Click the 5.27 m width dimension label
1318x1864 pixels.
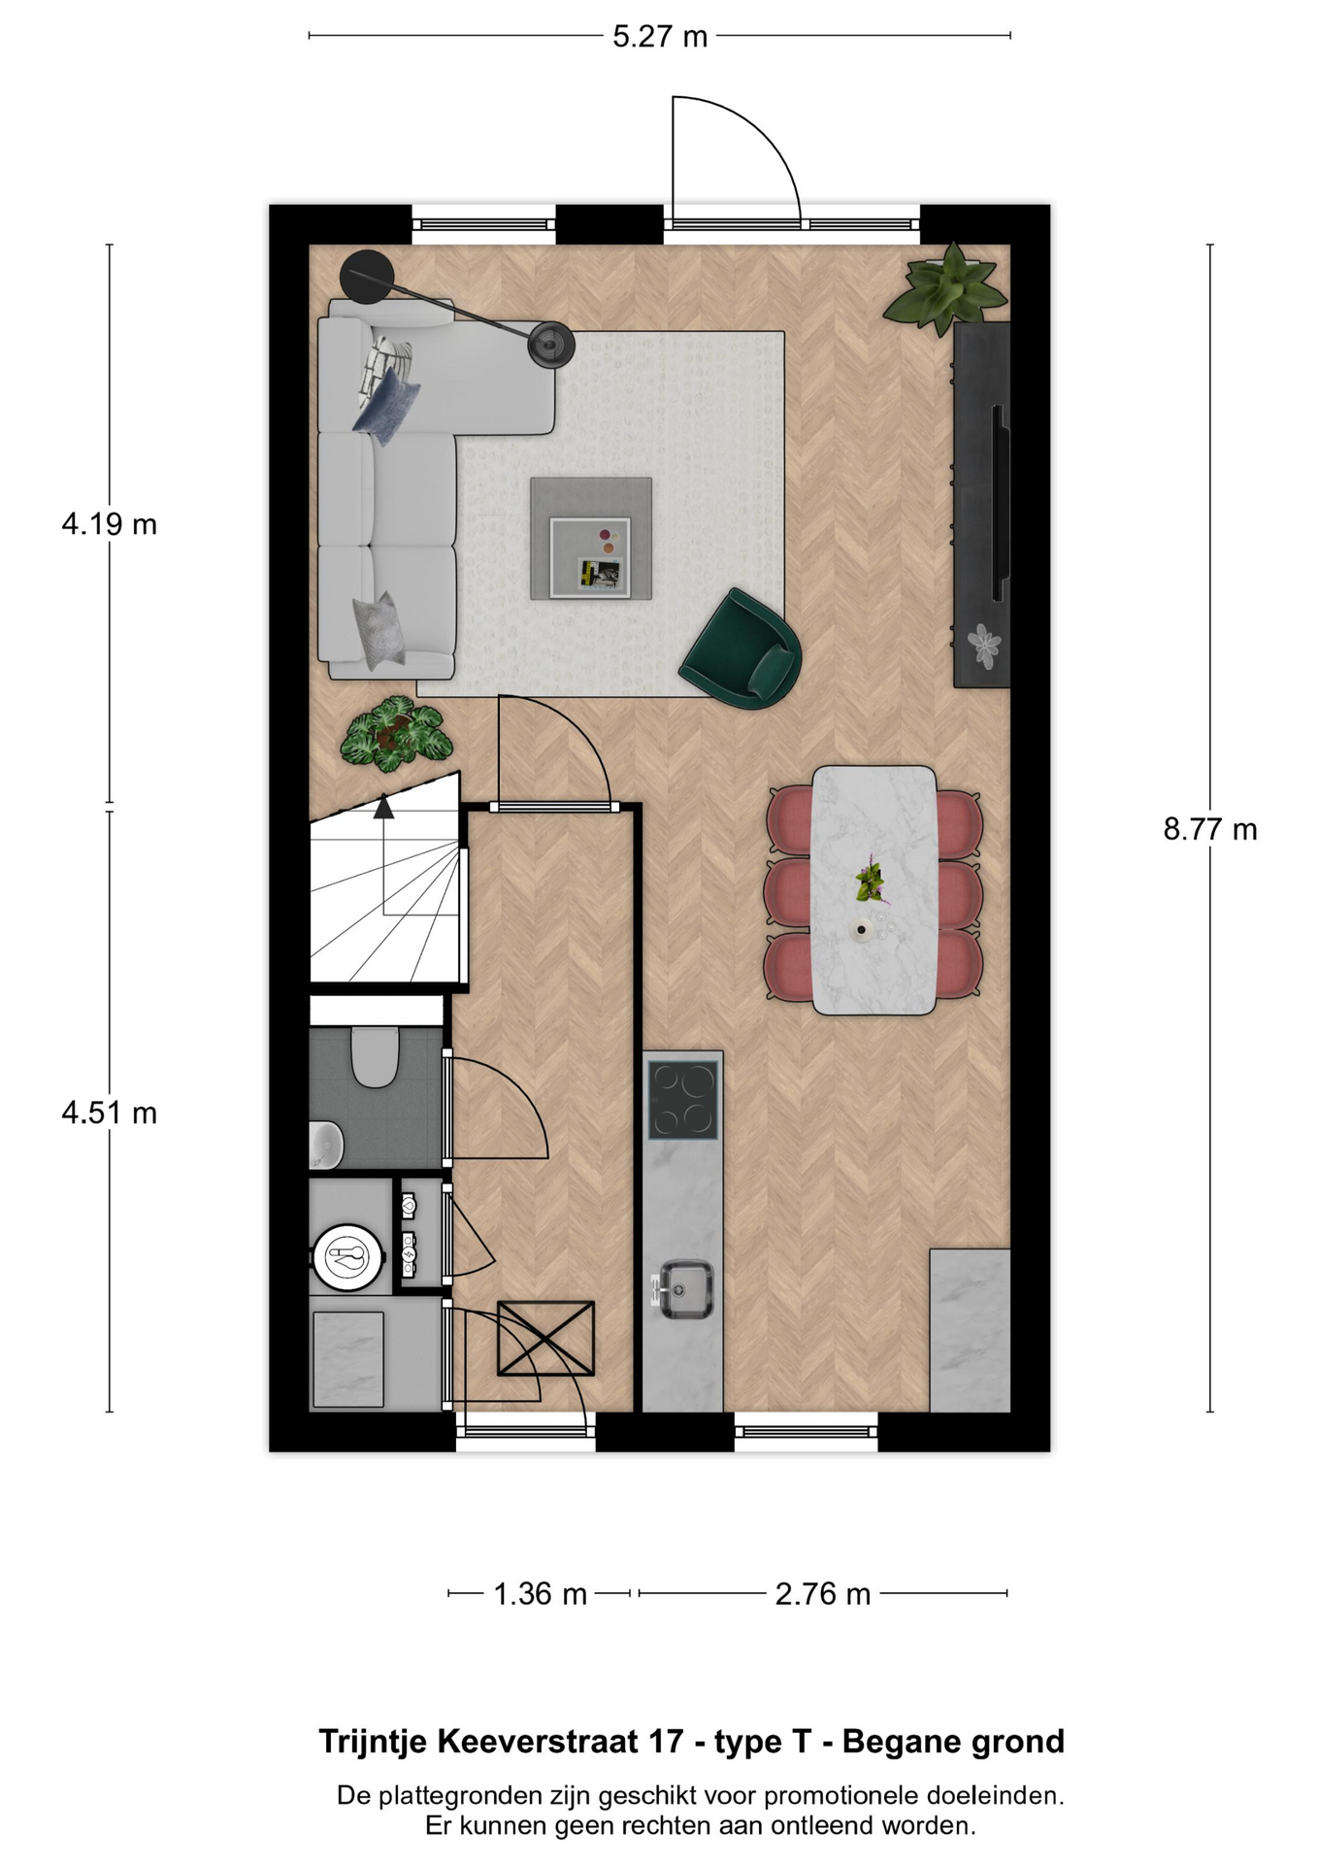coord(660,37)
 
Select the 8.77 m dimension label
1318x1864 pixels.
coord(1210,829)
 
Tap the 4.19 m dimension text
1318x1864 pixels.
coord(109,524)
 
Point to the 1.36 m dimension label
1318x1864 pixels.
coord(541,1594)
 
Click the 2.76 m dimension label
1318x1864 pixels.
coord(823,1594)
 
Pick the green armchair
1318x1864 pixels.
coord(742,649)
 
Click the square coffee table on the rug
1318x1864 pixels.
coord(591,538)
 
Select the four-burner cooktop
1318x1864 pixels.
coord(683,1099)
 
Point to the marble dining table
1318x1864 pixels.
coord(873,890)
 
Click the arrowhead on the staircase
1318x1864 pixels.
coord(384,806)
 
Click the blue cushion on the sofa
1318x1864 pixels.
coord(387,406)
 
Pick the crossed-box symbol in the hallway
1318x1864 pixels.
coord(545,1338)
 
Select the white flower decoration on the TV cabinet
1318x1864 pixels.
coord(986,645)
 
